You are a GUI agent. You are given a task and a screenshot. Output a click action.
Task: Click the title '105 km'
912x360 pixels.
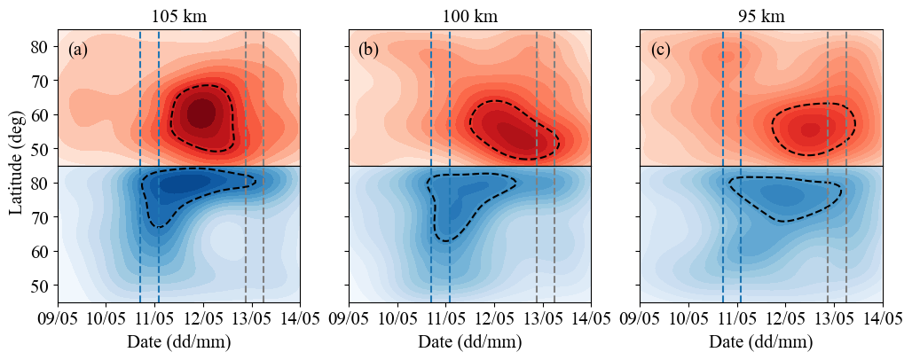click(178, 16)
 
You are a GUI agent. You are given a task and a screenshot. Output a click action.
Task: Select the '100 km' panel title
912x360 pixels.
click(469, 16)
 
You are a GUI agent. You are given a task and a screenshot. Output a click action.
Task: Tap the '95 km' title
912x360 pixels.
click(761, 16)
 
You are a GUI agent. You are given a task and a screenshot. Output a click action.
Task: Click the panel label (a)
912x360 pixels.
click(78, 50)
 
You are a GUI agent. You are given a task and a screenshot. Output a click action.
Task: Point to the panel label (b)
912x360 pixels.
click(368, 50)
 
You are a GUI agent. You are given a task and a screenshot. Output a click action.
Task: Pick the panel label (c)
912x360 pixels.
click(660, 50)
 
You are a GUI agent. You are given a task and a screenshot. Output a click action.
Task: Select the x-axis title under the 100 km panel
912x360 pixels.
click(469, 342)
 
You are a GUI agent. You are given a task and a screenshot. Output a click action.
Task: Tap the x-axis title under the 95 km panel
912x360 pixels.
click(761, 342)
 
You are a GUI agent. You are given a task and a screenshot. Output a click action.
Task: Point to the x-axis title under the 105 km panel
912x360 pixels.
click(178, 342)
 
